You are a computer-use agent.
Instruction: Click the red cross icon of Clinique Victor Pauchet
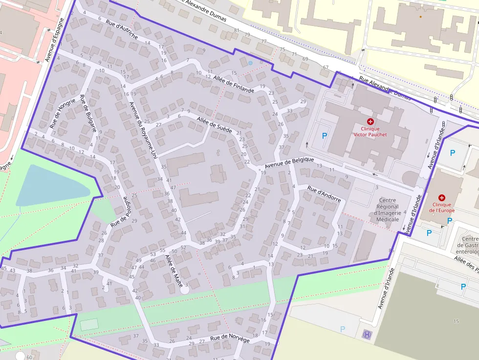(370, 121)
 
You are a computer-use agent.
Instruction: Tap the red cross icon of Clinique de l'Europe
(442, 198)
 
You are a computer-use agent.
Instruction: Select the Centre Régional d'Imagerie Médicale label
(388, 210)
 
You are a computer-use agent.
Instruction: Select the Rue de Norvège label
(230, 339)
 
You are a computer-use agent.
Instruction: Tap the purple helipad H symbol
(367, 335)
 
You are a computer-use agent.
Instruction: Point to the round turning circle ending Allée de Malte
(184, 290)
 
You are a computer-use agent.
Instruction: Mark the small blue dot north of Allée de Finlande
(250, 63)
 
